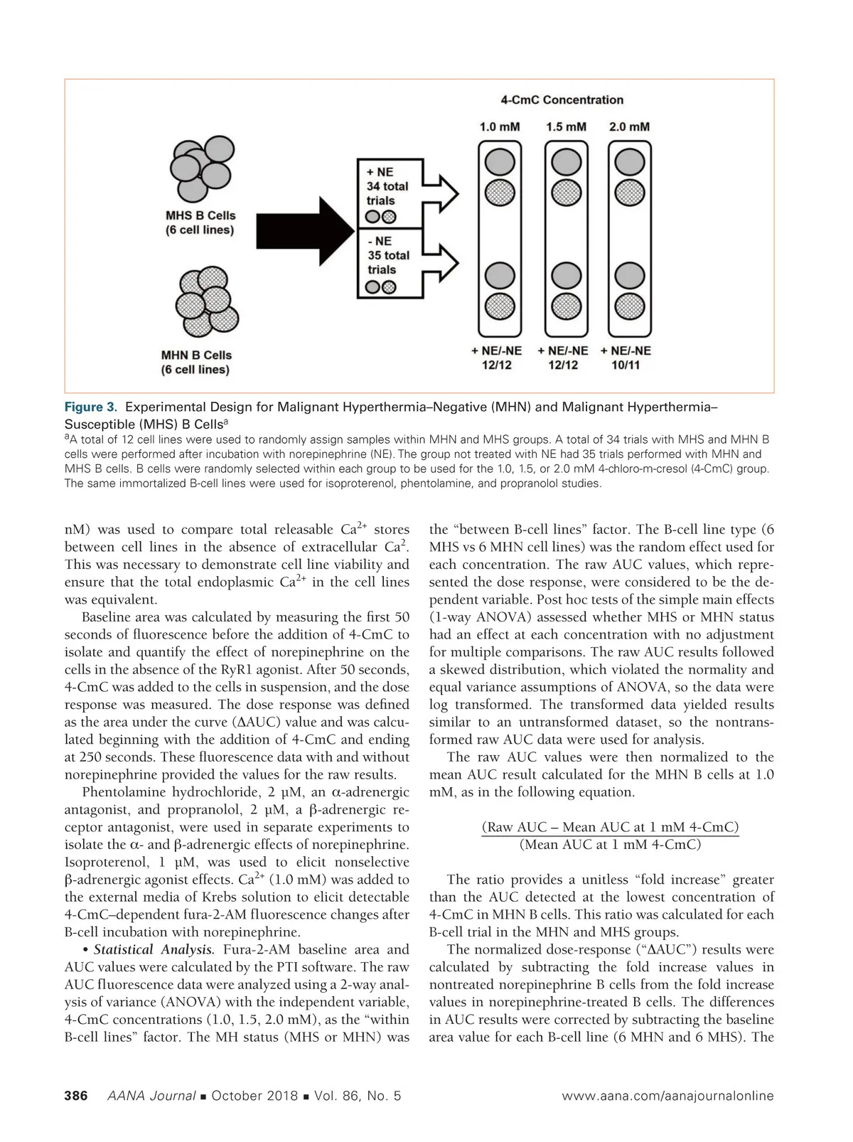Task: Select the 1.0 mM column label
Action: pos(499,127)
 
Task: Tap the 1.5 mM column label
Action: pos(566,127)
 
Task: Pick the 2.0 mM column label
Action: pos(629,127)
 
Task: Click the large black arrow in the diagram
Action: pos(306,228)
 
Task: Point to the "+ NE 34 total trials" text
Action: pos(387,186)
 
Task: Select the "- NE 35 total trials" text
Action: pos(387,255)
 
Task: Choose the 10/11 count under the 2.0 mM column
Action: pos(626,365)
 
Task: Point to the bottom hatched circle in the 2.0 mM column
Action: pos(629,306)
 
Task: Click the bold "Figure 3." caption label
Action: pos(90,407)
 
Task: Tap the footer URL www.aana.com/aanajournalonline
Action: pos(667,1096)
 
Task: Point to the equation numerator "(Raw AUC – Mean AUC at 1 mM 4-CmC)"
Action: pos(610,827)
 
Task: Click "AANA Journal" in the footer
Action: pos(151,1096)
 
